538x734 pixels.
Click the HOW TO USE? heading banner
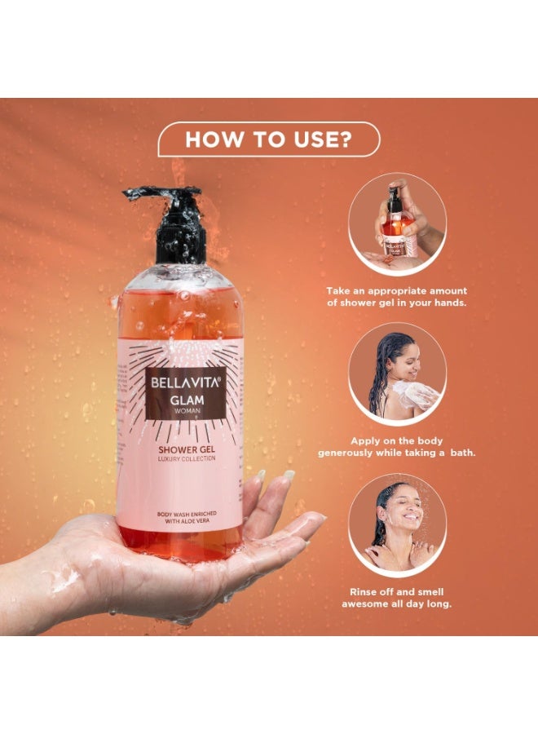point(268,139)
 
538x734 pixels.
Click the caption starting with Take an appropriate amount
point(397,296)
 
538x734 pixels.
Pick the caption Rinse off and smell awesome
point(397,598)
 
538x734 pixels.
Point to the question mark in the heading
point(344,139)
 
